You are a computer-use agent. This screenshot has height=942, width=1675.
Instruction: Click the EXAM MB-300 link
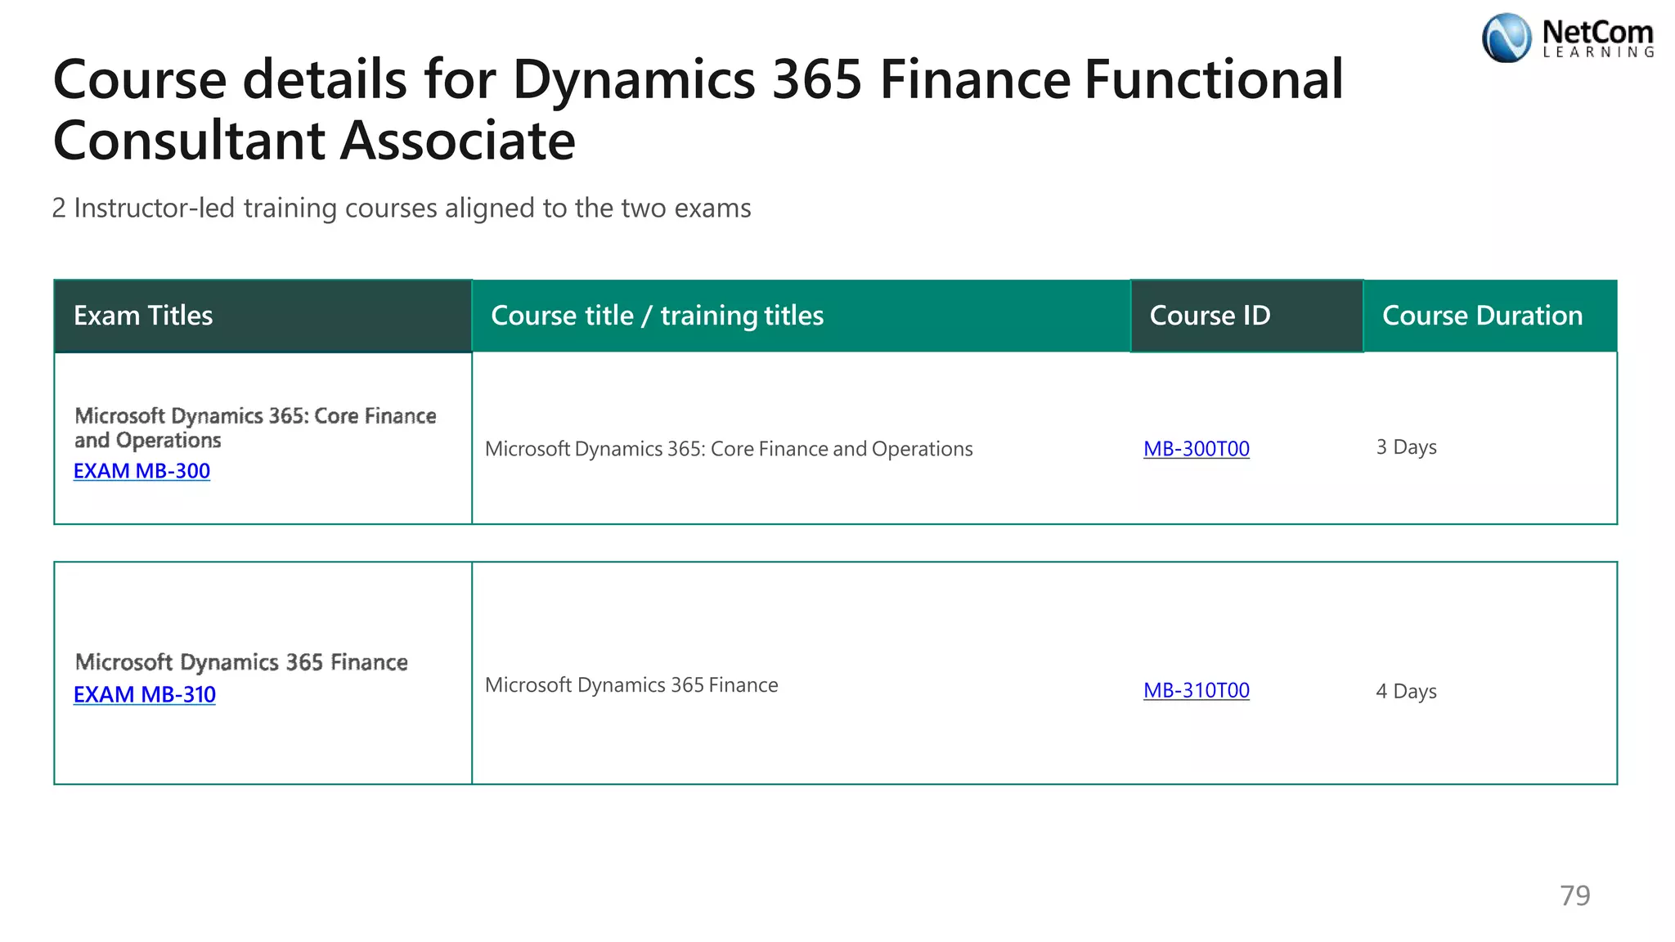coord(141,471)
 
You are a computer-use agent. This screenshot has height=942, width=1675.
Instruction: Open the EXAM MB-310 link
coord(144,694)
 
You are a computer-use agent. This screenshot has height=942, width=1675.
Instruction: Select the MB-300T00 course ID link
coord(1196,449)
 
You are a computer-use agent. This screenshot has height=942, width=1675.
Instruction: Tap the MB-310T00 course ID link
coord(1196,690)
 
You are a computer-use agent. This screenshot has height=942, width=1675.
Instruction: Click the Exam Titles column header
coord(143,316)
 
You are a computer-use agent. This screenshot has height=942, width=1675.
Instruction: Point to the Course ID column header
coord(1210,316)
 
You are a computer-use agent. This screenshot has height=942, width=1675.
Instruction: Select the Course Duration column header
coord(1482,316)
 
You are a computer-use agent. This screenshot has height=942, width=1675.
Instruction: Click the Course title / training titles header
coord(657,316)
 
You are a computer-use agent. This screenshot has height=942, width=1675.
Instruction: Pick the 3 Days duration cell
coord(1406,447)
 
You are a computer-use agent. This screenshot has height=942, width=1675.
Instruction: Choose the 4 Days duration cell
coord(1406,692)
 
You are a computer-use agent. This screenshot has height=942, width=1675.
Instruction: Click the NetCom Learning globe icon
coord(1507,38)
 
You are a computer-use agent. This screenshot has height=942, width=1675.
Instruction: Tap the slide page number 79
coord(1574,896)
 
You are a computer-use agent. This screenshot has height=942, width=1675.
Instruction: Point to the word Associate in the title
coord(457,141)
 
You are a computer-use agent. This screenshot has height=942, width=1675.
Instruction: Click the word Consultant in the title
coord(189,141)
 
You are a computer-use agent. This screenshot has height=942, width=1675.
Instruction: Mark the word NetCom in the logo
coord(1597,33)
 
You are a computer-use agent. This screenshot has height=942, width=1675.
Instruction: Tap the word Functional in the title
coord(1214,79)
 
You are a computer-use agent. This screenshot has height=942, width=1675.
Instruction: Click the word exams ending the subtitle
coord(713,209)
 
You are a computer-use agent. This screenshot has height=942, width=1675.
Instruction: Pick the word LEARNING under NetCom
coord(1598,52)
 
